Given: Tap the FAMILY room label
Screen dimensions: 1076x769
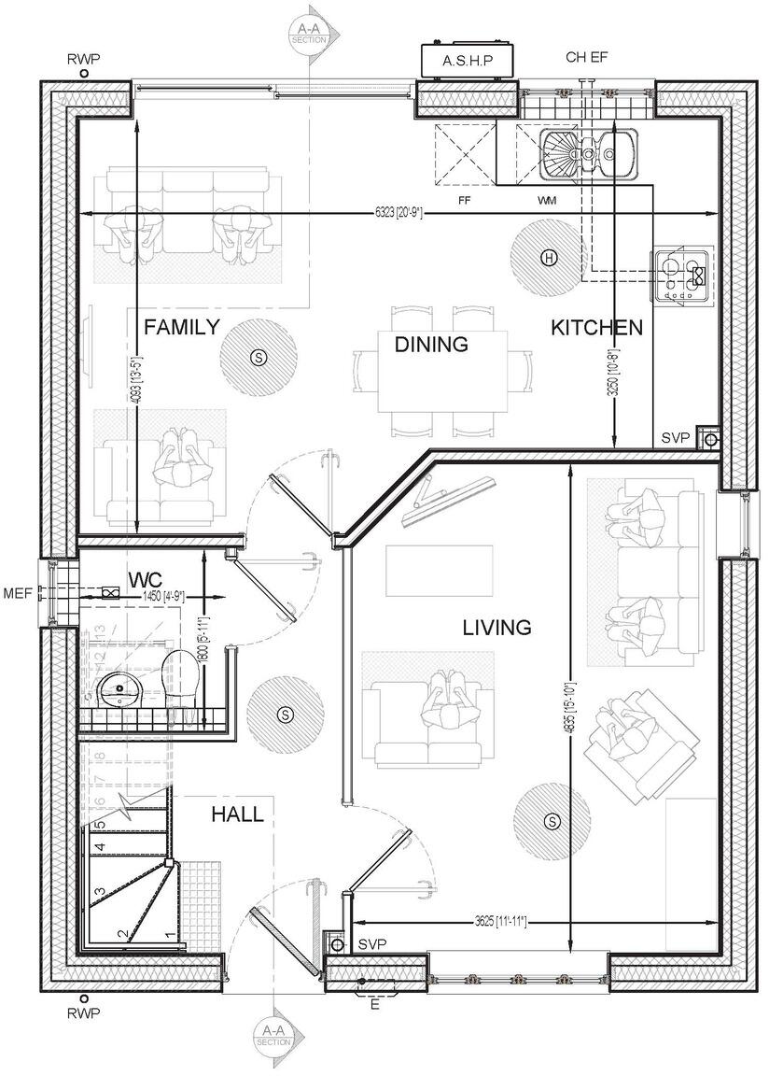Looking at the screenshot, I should pyautogui.click(x=181, y=328).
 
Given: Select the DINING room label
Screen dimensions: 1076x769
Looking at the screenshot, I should pyautogui.click(x=430, y=345).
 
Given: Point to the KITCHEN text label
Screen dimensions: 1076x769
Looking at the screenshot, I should pyautogui.click(x=596, y=328).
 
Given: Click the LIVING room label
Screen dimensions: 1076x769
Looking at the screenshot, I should pyautogui.click(x=496, y=628).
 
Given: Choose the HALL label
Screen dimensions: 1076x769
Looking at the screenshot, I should pyautogui.click(x=237, y=814).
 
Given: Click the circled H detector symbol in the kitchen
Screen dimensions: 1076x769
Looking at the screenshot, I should pyautogui.click(x=549, y=258).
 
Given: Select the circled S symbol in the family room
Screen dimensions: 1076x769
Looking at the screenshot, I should pyautogui.click(x=259, y=355).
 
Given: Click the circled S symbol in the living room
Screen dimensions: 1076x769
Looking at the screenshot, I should pyautogui.click(x=552, y=821).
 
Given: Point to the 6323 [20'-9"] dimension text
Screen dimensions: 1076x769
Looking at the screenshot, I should pyautogui.click(x=399, y=213).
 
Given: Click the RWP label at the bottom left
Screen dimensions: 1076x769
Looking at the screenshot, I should pyautogui.click(x=84, y=1013).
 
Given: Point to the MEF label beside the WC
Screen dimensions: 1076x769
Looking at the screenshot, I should pyautogui.click(x=19, y=592).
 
